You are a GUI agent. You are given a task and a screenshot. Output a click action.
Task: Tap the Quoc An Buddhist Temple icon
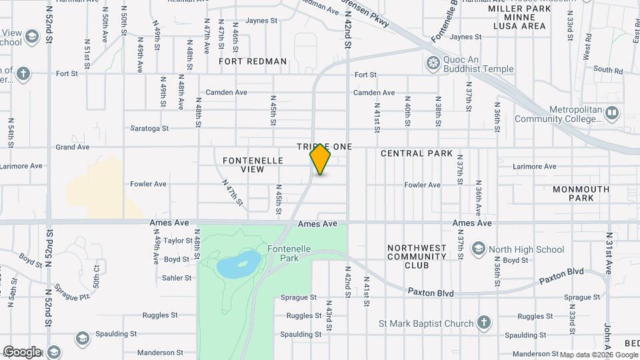pos(433,63)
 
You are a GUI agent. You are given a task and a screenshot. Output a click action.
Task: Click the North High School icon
pos(478,249)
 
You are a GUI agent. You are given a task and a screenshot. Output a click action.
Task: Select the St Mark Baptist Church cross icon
pos(484,323)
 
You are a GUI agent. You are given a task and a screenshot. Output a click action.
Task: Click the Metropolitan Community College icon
pos(611,114)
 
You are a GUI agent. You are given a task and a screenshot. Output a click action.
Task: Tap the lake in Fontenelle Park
pos(239,264)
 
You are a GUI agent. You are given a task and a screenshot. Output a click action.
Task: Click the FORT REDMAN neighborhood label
pos(253,61)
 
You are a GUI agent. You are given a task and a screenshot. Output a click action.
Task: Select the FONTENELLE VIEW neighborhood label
pos(253,165)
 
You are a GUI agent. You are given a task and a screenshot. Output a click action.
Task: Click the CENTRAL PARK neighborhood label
pos(417,153)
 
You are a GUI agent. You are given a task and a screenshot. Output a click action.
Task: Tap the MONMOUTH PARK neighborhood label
pos(581,193)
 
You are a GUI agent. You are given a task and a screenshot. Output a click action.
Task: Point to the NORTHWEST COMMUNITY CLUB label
pos(417,256)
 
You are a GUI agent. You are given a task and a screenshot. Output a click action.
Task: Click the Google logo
pos(22,352)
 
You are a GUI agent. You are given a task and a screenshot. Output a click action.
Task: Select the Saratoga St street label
pos(149,128)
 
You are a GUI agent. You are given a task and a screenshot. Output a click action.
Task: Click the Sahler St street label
pos(177,278)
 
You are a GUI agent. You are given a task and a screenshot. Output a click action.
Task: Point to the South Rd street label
pos(607,69)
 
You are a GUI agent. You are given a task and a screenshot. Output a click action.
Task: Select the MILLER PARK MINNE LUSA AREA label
pos(519,17)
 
